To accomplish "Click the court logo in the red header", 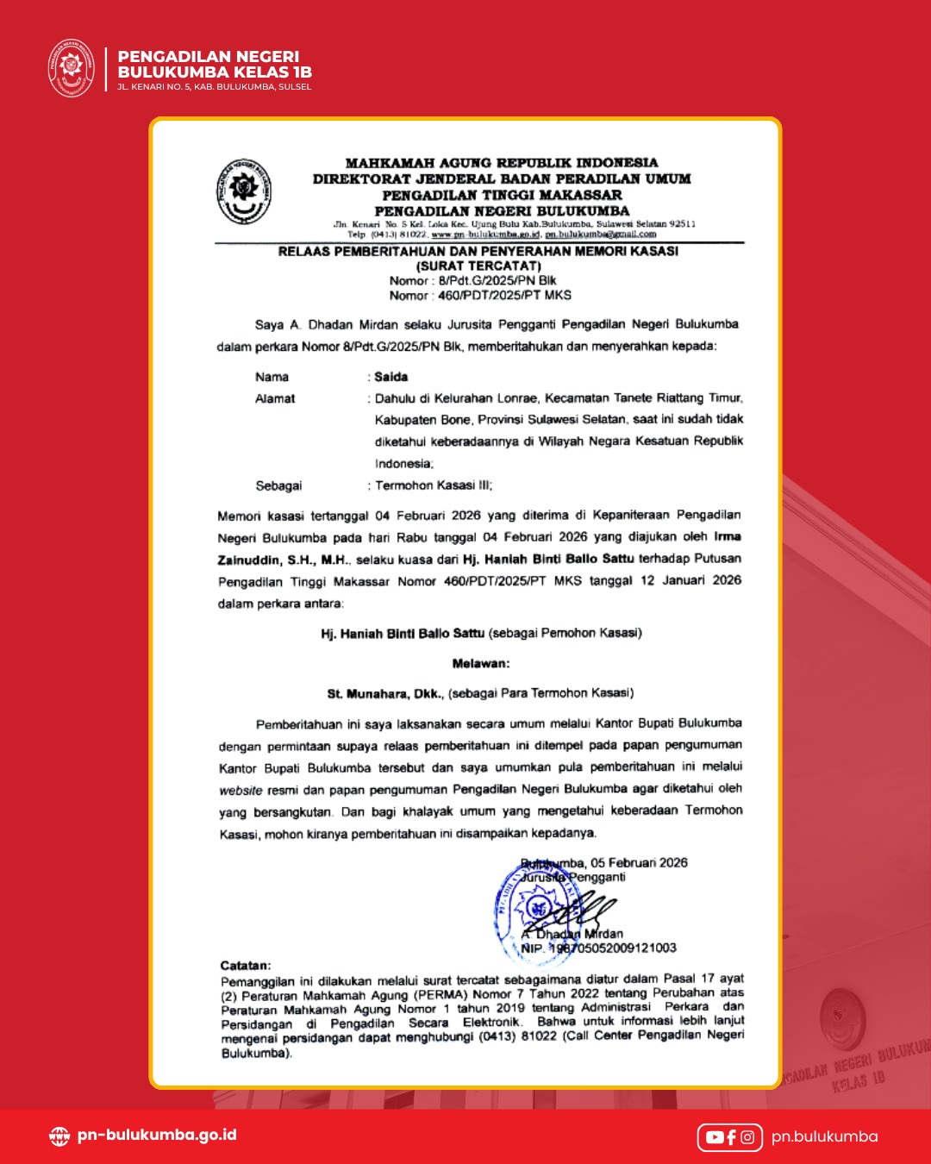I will (71, 68).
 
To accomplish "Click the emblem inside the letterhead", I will (243, 191).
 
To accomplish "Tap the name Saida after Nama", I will (391, 377).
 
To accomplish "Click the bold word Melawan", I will (481, 663).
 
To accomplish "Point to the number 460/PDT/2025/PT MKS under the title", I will (504, 295).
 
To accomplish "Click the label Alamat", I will (275, 398).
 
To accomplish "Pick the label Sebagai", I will (278, 485).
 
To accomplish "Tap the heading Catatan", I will (246, 966).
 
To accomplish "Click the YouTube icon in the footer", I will (715, 1137).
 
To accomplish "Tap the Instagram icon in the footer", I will (747, 1137).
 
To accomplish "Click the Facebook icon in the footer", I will (731, 1137).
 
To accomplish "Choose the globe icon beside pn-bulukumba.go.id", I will (59, 1136).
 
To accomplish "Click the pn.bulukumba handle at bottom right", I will (824, 1136).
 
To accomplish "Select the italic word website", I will (241, 790).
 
